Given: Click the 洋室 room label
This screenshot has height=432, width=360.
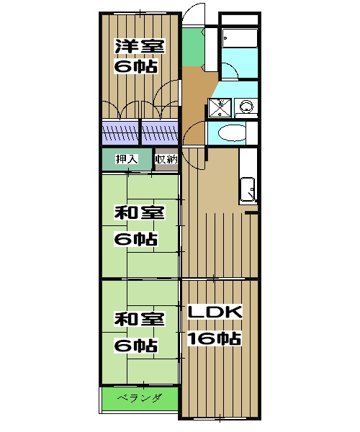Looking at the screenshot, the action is pyautogui.click(x=140, y=46).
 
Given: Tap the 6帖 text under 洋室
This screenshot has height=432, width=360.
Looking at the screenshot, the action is pyautogui.click(x=136, y=66).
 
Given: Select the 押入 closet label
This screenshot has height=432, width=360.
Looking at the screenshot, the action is pyautogui.click(x=127, y=159).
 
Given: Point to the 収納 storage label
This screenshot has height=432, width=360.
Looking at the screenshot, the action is pyautogui.click(x=166, y=159).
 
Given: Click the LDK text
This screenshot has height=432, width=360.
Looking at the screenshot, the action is pyautogui.click(x=215, y=312).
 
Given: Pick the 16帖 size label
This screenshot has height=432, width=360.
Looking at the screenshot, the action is pyautogui.click(x=215, y=338).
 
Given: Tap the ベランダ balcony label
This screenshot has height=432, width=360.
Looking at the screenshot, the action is pyautogui.click(x=140, y=398).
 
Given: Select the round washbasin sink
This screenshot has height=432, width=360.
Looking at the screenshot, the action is pyautogui.click(x=246, y=106).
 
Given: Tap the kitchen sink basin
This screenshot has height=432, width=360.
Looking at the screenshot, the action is pyautogui.click(x=248, y=190).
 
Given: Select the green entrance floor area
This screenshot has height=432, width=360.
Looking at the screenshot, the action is pyautogui.click(x=193, y=46).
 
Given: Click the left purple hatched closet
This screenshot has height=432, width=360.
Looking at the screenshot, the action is pyautogui.click(x=120, y=132).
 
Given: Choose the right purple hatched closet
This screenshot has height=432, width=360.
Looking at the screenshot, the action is pyautogui.click(x=160, y=132).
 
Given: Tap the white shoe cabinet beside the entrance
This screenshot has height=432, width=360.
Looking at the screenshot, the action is pyautogui.click(x=211, y=48).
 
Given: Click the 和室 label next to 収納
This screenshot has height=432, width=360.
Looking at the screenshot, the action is pyautogui.click(x=140, y=212).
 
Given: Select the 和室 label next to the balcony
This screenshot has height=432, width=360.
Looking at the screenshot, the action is pyautogui.click(x=140, y=319).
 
